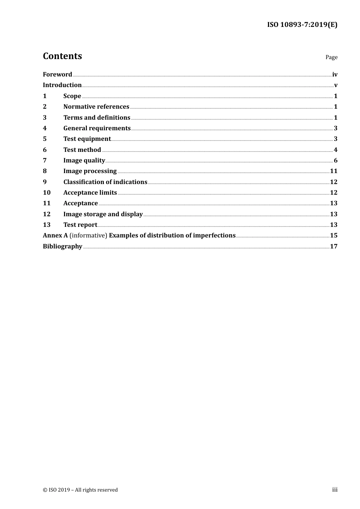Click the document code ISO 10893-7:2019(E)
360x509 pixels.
(x=302, y=25)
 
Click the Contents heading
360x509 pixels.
(x=62, y=56)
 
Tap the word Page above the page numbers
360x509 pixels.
(x=331, y=57)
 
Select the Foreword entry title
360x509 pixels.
(x=57, y=75)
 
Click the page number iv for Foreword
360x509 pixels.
(x=335, y=75)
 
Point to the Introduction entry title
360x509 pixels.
(x=62, y=85)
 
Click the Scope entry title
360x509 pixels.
(x=72, y=96)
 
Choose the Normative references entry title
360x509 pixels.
(x=96, y=107)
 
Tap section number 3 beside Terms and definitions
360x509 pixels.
(x=45, y=118)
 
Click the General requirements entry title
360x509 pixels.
(x=97, y=128)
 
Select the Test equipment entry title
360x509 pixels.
(x=87, y=139)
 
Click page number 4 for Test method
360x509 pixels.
(x=335, y=150)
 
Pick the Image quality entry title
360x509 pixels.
(x=84, y=161)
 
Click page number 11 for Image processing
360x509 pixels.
(x=333, y=171)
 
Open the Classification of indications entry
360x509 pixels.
(x=105, y=182)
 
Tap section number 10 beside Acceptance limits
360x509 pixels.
(x=47, y=193)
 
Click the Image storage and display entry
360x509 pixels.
(x=103, y=214)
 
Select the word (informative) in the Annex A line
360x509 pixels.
(x=88, y=236)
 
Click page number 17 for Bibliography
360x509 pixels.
(x=333, y=247)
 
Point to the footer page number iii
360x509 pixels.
(x=335, y=490)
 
